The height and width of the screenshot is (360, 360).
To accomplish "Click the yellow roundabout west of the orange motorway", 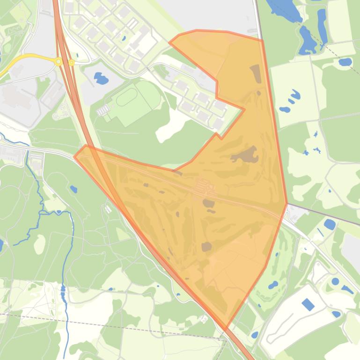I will click(59, 61).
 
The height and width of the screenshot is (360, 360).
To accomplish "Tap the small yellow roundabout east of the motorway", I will click(72, 62).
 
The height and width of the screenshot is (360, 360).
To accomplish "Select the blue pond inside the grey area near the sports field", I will click(101, 78).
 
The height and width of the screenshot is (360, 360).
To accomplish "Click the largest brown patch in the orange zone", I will click(245, 155).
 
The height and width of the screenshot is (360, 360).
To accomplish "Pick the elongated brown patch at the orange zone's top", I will click(256, 74).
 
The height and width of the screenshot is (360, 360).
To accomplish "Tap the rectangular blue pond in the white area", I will click(308, 305).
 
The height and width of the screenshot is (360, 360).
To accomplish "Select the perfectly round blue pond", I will click(335, 282).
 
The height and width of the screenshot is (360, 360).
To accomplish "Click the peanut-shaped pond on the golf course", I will click(273, 284).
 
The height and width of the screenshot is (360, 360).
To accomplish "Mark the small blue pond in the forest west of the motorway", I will click(73, 189).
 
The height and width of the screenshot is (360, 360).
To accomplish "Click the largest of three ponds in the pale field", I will click(294, 94).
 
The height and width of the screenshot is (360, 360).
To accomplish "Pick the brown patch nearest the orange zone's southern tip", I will click(206, 246).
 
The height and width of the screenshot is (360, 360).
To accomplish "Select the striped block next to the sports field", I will click(103, 110).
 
